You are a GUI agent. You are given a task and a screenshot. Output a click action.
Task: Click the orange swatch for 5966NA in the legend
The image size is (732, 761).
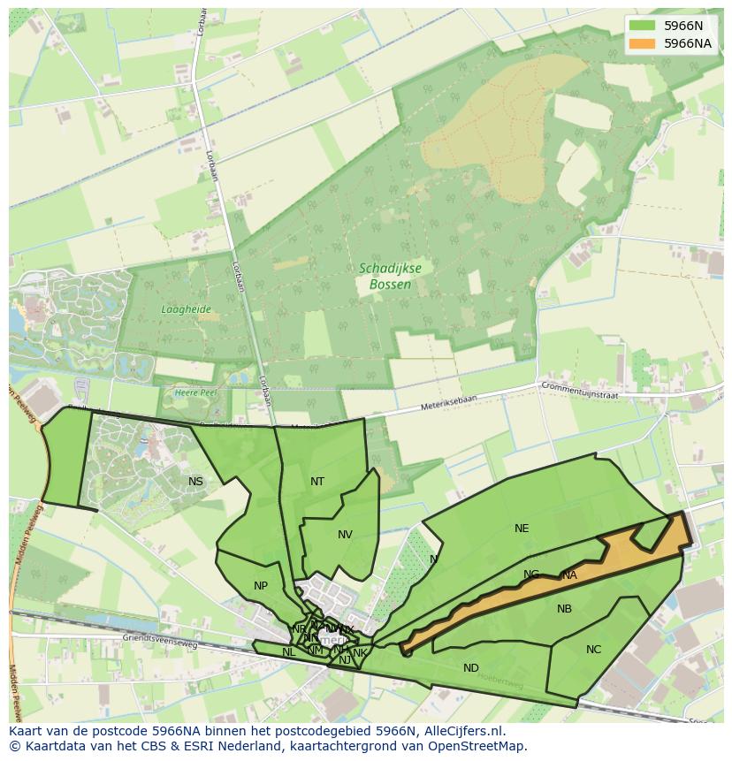tap(643, 43)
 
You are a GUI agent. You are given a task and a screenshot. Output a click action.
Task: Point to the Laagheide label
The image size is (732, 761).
tap(186, 309)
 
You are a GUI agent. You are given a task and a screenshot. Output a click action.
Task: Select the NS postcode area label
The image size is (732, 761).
tap(195, 482)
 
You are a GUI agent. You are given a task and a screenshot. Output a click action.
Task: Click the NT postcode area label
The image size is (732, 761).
tap(317, 482)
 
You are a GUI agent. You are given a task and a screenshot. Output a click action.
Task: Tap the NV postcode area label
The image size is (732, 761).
tap(345, 535)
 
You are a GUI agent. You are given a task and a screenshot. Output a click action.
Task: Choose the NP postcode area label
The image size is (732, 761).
tap(261, 586)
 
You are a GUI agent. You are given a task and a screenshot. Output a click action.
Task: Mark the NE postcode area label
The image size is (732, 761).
tap(522, 529)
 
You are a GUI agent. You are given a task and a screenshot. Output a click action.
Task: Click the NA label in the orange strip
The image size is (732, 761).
tap(569, 575)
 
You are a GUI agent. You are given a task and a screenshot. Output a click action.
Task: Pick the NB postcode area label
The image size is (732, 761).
tap(564, 609)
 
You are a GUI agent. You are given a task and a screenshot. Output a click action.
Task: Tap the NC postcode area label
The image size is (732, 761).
tap(593, 650)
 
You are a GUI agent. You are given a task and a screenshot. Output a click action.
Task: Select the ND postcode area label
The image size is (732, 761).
tap(471, 668)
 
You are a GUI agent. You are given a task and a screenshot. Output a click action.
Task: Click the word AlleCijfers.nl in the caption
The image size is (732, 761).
tap(461, 731)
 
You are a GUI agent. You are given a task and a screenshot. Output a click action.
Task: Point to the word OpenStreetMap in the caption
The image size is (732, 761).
tap(478, 746)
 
